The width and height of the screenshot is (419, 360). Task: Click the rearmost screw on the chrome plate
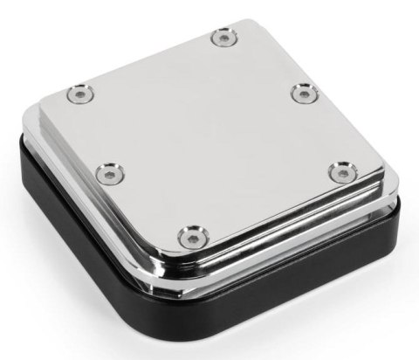click(x=225, y=38)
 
